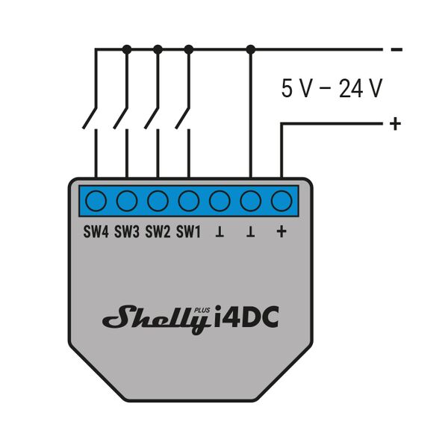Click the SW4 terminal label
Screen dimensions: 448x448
click(x=96, y=232)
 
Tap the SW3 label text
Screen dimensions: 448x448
click(x=127, y=232)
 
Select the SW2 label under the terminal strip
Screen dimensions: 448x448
click(x=158, y=232)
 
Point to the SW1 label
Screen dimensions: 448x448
click(x=188, y=232)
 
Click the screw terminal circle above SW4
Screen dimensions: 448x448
click(x=96, y=201)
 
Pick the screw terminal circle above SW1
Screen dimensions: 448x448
click(x=188, y=201)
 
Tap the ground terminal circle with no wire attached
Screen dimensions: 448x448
click(x=220, y=201)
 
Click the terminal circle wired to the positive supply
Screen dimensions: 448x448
click(x=281, y=201)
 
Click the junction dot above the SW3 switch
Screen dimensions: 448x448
click(x=127, y=49)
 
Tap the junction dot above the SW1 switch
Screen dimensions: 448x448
click(x=188, y=49)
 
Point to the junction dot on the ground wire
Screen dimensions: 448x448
click(x=250, y=49)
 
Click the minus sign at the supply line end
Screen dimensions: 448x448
click(x=396, y=50)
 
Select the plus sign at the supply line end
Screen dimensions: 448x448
click(x=395, y=123)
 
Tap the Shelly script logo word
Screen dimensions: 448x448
click(x=155, y=318)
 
